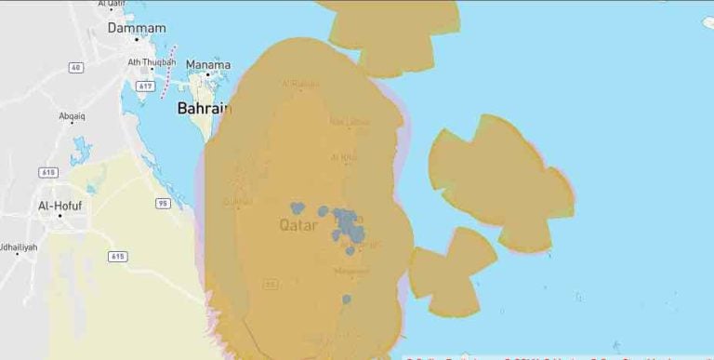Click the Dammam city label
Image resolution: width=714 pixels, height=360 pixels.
pyautogui.click(x=136, y=28)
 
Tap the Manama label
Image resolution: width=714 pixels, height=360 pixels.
pyautogui.click(x=207, y=64)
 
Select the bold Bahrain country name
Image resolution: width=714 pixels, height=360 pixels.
pyautogui.click(x=204, y=108)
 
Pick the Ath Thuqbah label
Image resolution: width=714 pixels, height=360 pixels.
pyautogui.click(x=152, y=62)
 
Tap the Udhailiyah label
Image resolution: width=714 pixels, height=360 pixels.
pyautogui.click(x=19, y=247)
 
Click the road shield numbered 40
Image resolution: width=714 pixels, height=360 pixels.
pyautogui.click(x=75, y=67)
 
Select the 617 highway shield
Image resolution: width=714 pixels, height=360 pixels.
pyautogui.click(x=143, y=86)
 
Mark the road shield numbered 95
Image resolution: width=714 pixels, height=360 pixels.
pyautogui.click(x=164, y=203)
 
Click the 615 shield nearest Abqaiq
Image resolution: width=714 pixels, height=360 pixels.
pyautogui.click(x=47, y=172)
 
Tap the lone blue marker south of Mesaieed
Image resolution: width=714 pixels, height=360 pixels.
pyautogui.click(x=346, y=300)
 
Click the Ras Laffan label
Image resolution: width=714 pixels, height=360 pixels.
pyautogui.click(x=350, y=121)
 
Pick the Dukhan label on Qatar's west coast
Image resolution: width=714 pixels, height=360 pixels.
pyautogui.click(x=238, y=200)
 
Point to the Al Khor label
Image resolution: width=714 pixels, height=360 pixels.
pyautogui.click(x=343, y=157)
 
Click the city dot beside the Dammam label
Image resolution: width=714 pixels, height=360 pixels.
pyautogui.click(x=136, y=42)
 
